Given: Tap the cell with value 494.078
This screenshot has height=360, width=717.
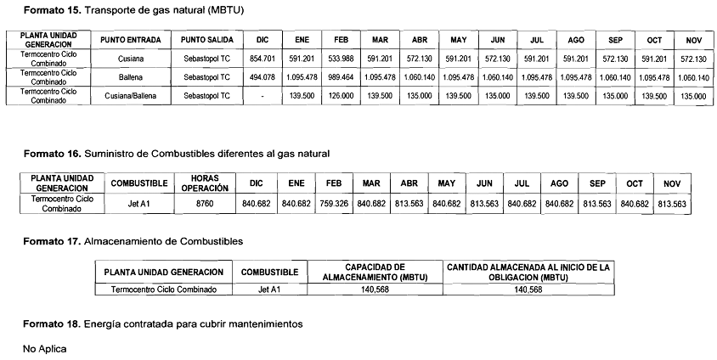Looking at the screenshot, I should click(263, 77).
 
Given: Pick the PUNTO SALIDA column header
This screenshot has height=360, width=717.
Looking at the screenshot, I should click(200, 40).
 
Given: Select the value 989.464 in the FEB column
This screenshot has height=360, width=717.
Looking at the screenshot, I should click(338, 77).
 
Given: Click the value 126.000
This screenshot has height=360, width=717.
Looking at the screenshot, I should click(338, 96).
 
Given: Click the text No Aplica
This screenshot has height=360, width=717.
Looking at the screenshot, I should click(43, 348).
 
